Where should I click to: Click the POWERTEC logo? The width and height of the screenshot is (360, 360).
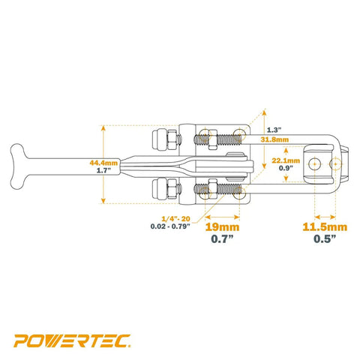(72, 340)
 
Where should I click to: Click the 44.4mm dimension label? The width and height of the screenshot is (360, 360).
(103, 163)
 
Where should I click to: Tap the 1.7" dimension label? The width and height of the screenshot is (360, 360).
(103, 171)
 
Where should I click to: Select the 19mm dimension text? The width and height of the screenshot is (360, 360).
(222, 227)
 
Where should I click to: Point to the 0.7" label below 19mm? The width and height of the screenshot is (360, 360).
(222, 239)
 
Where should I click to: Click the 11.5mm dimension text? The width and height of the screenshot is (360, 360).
(325, 227)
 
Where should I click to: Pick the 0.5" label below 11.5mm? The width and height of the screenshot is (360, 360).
(325, 238)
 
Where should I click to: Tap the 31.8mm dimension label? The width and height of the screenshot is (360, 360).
(274, 139)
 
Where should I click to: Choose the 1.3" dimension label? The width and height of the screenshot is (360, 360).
(274, 130)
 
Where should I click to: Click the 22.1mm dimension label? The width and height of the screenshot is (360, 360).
(286, 160)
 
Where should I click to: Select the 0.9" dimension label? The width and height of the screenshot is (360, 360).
(286, 168)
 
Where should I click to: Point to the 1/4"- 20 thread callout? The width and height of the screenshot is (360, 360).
(175, 219)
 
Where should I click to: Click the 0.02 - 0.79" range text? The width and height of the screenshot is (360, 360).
(170, 226)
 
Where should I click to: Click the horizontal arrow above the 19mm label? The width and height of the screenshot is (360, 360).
(222, 217)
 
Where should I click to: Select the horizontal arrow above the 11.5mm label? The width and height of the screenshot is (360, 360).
(325, 217)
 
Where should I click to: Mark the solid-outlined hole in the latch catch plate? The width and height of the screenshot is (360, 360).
(314, 164)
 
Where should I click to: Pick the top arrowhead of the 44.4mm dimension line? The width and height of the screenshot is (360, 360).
(103, 128)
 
